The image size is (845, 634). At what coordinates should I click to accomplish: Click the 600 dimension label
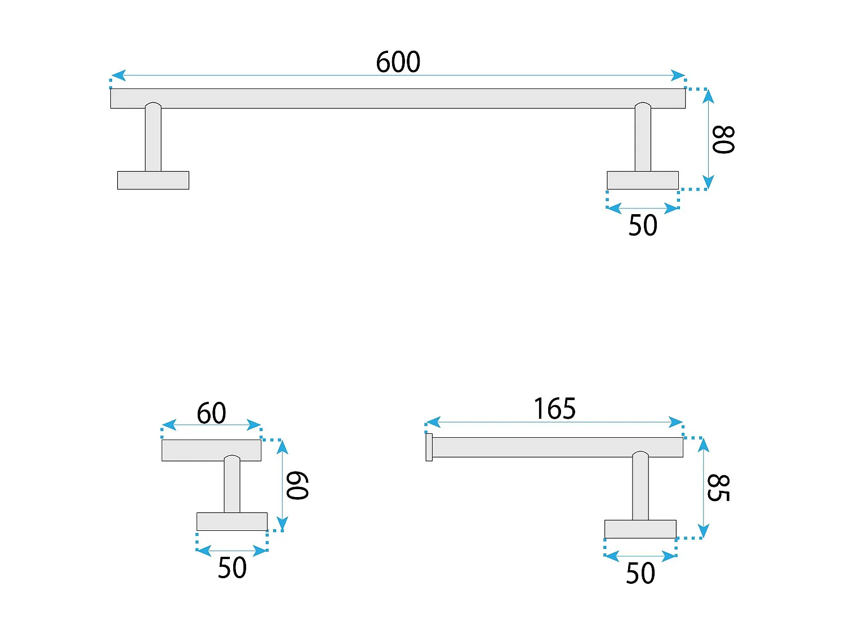tap(398, 62)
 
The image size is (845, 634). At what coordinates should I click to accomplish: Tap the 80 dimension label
tap(723, 140)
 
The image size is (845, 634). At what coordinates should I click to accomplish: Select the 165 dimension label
tap(555, 409)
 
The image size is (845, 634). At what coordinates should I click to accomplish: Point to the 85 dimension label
tap(718, 488)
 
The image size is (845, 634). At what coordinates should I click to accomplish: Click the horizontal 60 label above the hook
tap(211, 413)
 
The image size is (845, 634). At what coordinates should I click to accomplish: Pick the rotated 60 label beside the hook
tap(297, 486)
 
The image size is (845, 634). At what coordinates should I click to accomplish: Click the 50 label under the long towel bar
tap(643, 225)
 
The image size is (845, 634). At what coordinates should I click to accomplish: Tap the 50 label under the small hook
tap(232, 568)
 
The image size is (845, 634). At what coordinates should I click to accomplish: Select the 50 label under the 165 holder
tap(641, 573)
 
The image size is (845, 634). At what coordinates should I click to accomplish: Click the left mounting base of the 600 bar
tap(153, 180)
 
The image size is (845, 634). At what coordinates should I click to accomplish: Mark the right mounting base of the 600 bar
tap(643, 180)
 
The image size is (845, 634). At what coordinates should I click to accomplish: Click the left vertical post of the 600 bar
tap(153, 140)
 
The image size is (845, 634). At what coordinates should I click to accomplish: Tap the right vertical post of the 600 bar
tap(643, 140)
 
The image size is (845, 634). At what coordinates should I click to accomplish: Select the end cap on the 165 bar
tap(429, 447)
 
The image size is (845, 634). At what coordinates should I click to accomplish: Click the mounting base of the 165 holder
tap(641, 529)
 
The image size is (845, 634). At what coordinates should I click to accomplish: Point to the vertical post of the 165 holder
tap(641, 488)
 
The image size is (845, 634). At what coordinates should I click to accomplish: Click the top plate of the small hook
tap(211, 450)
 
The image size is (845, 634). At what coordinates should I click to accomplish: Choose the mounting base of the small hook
tap(232, 521)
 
